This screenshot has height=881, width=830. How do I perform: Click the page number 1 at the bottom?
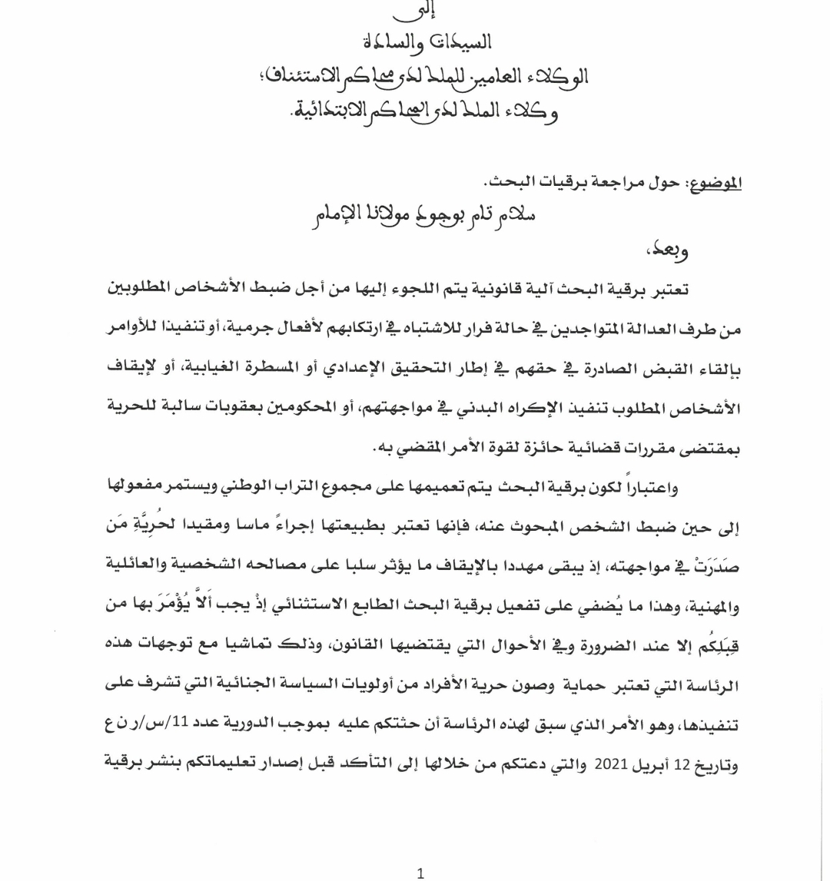pos(420,873)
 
